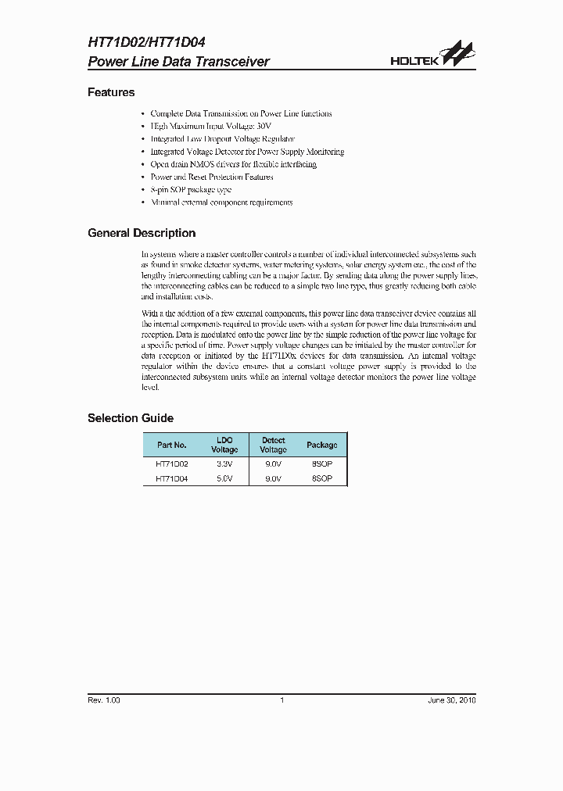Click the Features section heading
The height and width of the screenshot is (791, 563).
point(111,92)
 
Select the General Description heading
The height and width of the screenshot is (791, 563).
point(142,233)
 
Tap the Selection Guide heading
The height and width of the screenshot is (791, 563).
point(131,418)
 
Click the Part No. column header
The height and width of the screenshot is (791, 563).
point(172,445)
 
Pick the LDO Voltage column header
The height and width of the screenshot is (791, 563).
point(224,445)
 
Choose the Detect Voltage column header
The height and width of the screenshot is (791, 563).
point(273,445)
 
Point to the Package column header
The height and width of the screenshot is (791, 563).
point(321,445)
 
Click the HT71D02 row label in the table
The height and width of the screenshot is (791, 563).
point(172,464)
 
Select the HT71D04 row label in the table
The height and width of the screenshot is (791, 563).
point(172,478)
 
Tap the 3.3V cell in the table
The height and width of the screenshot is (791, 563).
point(224,464)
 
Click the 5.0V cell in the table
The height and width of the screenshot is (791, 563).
point(224,478)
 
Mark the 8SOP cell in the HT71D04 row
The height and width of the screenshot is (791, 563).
point(321,478)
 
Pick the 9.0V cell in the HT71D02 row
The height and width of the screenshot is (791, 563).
point(273,464)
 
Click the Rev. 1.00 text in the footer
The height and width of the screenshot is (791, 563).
point(104,700)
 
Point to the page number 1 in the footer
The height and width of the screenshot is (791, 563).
point(281,700)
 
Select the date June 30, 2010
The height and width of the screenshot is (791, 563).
point(451,700)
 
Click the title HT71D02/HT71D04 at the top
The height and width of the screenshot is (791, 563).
point(146,44)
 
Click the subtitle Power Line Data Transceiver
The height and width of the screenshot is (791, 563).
point(178,62)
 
